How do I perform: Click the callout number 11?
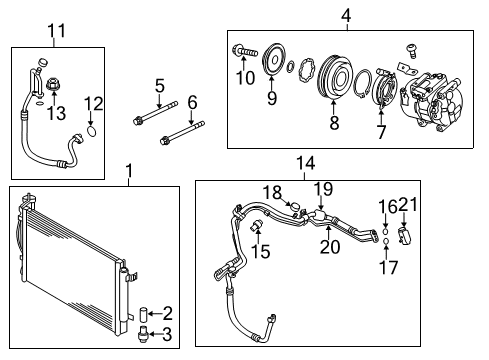pos(57,31)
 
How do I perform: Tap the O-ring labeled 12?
pos(92,131)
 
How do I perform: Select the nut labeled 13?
pos(53,84)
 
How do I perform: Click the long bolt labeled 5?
pos(155,113)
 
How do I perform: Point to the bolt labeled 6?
pos(182,133)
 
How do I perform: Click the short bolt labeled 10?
pos(245,51)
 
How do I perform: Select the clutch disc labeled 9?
pos(274,60)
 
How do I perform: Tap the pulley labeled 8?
pos(335,77)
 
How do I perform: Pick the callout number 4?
pos(346,16)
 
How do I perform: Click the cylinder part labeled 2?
pos(143,314)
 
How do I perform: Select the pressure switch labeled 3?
pos(143,334)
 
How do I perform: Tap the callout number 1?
pos(129,171)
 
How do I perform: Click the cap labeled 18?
pos(295,207)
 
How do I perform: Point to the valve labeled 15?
pos(256,226)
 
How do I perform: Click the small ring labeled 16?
pos(385,231)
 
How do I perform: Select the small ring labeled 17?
pos(386,241)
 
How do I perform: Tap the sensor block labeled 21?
pos(404,236)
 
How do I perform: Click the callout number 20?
pos(330,247)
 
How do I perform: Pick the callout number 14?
pos(305,164)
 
